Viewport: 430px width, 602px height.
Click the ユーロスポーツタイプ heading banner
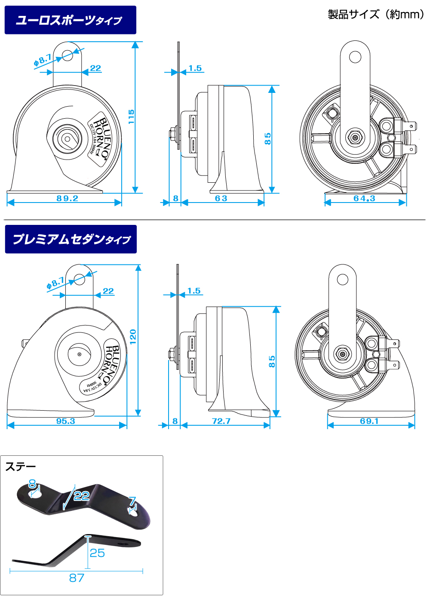[70, 20]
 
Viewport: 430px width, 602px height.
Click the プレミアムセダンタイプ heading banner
[71, 239]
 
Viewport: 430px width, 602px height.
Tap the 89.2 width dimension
[68, 198]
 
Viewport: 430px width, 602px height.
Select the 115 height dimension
[132, 117]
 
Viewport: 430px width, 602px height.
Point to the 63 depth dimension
[221, 198]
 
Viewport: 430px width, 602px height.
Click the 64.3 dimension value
[364, 198]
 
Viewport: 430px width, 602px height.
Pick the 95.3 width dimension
[66, 421]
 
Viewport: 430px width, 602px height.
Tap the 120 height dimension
[133, 335]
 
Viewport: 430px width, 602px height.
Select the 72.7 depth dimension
[221, 421]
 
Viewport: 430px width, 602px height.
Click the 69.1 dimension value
[369, 421]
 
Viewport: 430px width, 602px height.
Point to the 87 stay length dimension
[77, 577]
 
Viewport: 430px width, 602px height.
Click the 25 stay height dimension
[97, 553]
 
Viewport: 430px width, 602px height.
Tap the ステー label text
[20, 467]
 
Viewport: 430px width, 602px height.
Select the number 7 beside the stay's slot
[132, 501]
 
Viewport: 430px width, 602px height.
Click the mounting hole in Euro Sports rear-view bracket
[355, 57]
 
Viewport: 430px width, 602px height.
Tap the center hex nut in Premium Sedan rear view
[343, 355]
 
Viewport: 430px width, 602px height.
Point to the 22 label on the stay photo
[81, 496]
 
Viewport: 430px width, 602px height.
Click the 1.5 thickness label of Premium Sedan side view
[194, 291]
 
